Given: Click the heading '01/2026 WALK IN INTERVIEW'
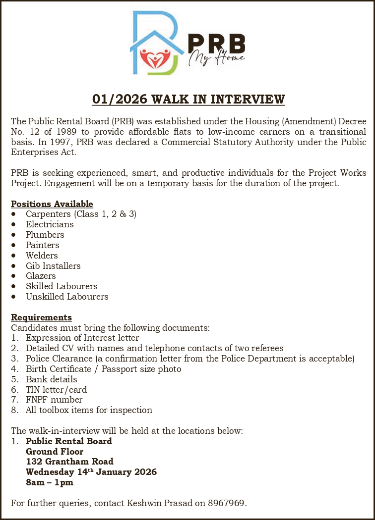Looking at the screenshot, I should click(188, 99).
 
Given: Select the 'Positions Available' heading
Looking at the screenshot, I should click(52, 204).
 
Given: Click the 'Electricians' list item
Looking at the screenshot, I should click(50, 224).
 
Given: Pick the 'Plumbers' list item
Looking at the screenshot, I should click(45, 235).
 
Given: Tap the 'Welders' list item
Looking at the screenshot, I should click(42, 256).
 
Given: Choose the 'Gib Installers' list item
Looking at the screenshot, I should click(53, 266).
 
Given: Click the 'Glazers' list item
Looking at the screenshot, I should click(41, 276).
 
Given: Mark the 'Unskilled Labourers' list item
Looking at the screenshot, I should click(67, 297).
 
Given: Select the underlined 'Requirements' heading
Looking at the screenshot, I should click(42, 317).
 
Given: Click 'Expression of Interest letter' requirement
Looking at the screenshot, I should click(82, 338).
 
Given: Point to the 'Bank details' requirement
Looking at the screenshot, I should click(52, 379).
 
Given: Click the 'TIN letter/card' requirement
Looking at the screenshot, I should click(57, 390).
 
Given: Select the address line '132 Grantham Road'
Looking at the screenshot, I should click(69, 462).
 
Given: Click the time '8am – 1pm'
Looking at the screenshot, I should click(50, 482).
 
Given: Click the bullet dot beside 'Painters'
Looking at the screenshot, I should click(15, 245).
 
